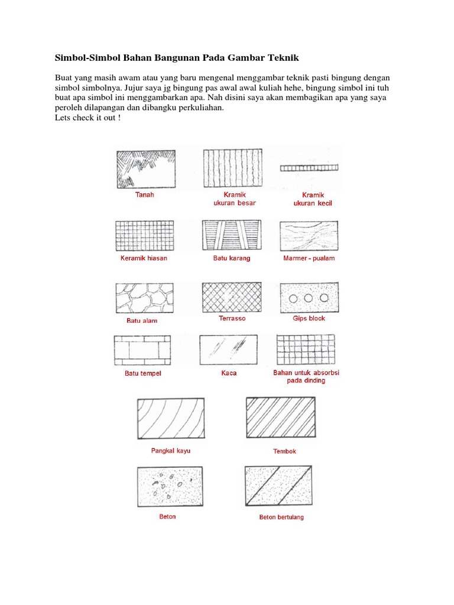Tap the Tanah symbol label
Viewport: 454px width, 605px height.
(144, 194)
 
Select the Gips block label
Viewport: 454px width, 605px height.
(309, 318)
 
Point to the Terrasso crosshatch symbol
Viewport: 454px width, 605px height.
(232, 297)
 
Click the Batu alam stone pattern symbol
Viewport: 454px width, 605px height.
(144, 298)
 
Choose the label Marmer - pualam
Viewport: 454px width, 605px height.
(309, 258)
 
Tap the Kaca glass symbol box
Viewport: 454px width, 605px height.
(229, 351)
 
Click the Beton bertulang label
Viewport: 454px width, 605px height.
(281, 518)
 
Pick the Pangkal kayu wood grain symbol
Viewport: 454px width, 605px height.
(171, 418)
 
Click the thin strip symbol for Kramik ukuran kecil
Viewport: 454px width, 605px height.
(309, 168)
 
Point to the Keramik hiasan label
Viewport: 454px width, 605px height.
(143, 258)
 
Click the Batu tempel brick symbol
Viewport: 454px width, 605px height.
(142, 351)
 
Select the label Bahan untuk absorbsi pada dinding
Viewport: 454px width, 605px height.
(306, 376)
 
